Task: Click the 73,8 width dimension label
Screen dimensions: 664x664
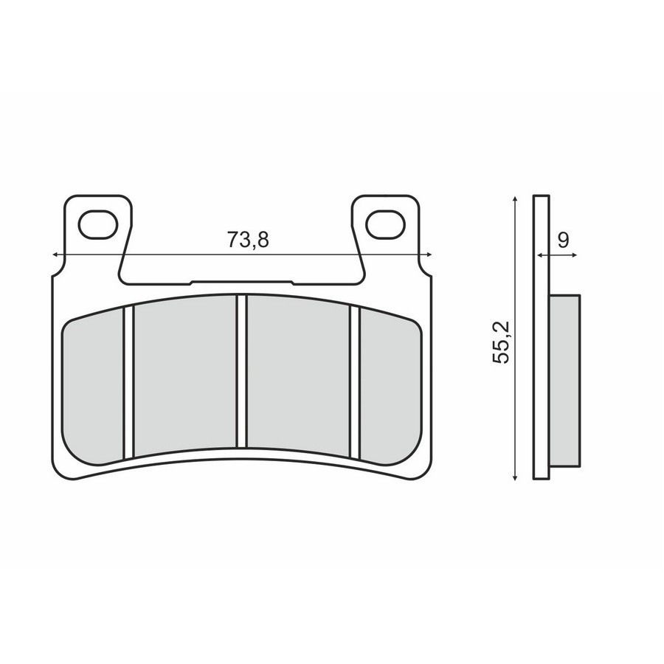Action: [x=248, y=240]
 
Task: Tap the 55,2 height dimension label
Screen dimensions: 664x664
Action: [x=502, y=342]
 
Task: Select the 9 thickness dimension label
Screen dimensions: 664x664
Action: [x=563, y=240]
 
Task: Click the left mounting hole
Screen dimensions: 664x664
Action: [x=98, y=224]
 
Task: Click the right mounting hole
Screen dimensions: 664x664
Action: [x=385, y=224]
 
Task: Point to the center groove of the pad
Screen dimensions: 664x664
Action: [x=242, y=371]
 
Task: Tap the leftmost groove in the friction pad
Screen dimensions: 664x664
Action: [x=128, y=382]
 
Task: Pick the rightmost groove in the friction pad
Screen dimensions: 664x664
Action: [x=355, y=382]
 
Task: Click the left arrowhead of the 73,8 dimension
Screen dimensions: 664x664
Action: [x=55, y=255]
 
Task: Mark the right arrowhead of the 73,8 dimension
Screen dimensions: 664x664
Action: [x=429, y=255]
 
